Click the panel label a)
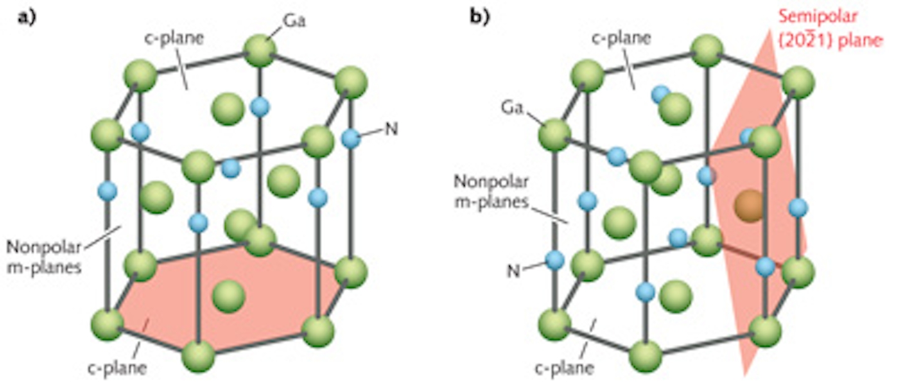tap(26, 16)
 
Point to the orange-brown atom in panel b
tap(748, 205)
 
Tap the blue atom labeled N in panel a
tap(352, 138)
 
